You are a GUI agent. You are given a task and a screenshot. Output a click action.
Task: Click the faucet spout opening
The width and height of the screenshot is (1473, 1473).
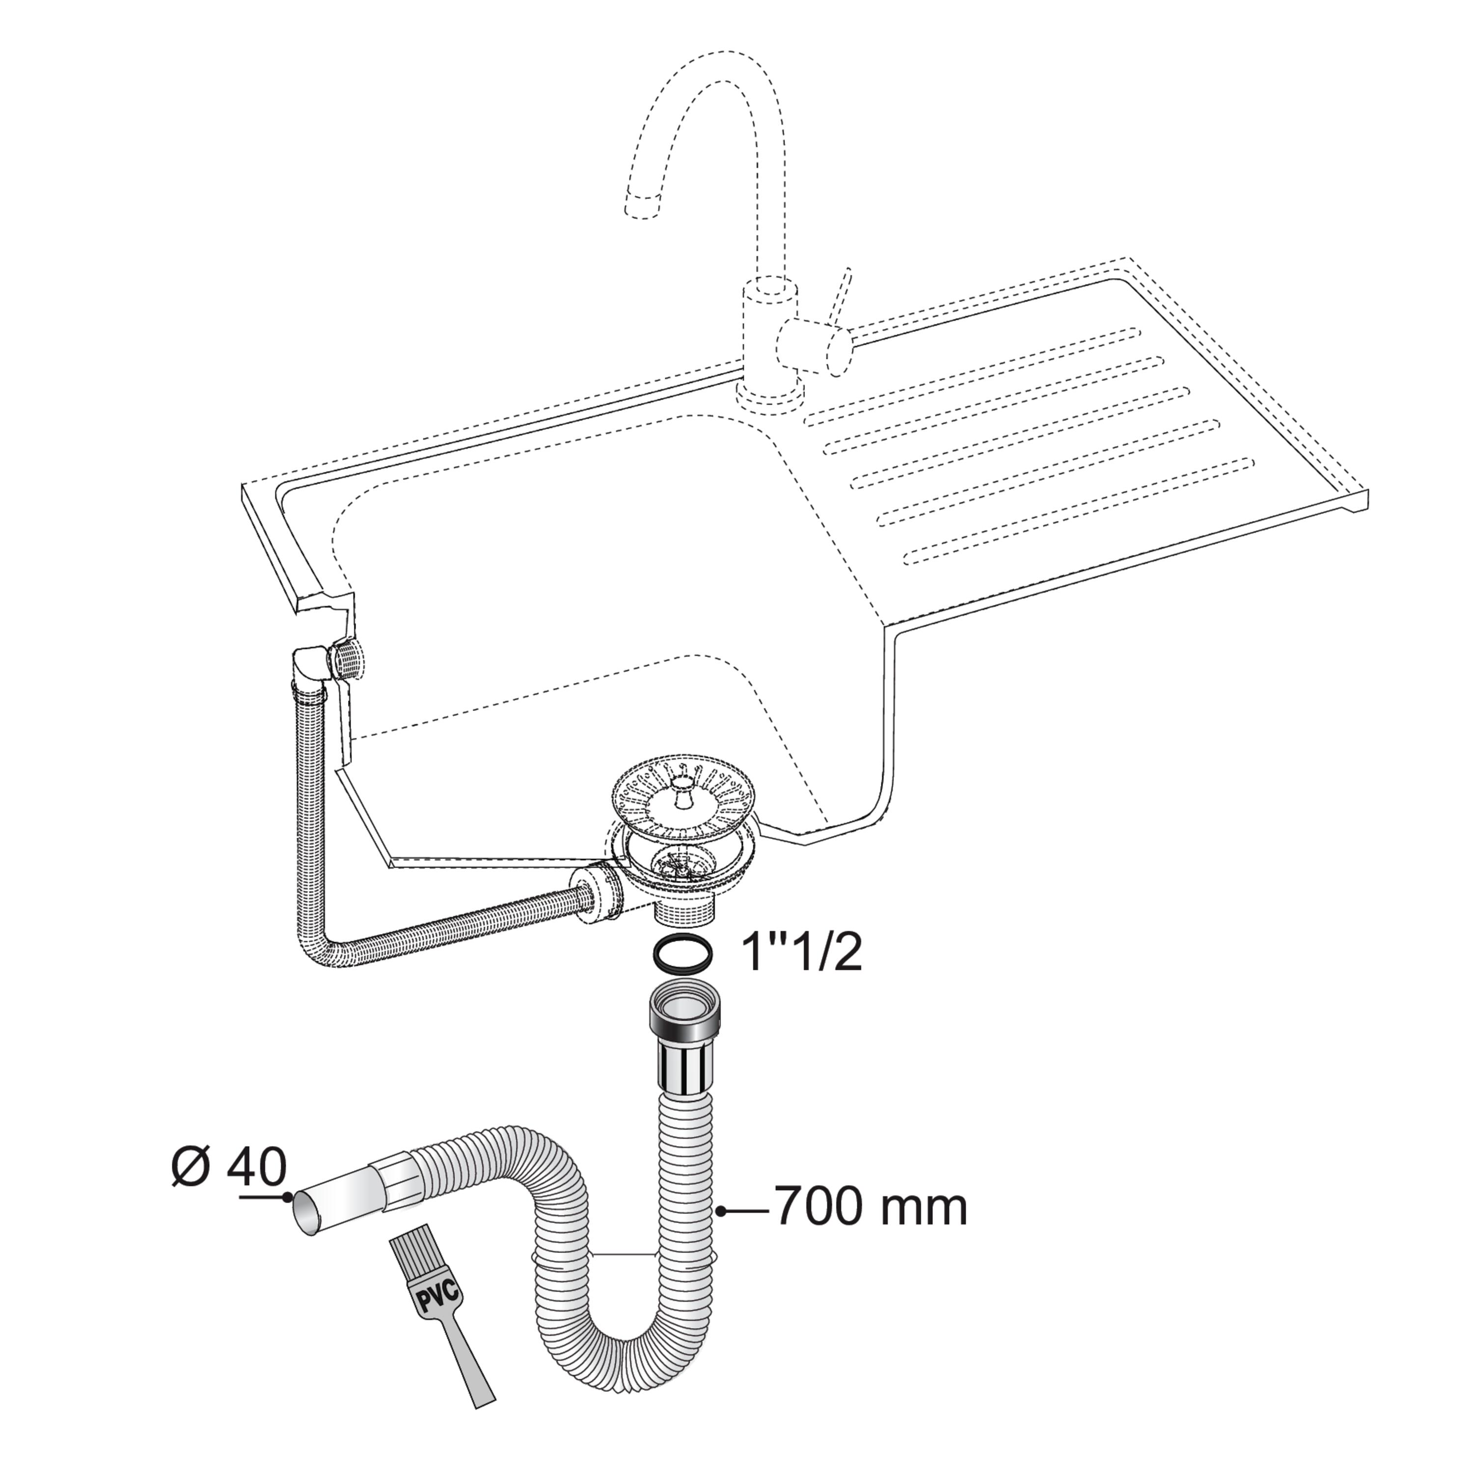(641, 207)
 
